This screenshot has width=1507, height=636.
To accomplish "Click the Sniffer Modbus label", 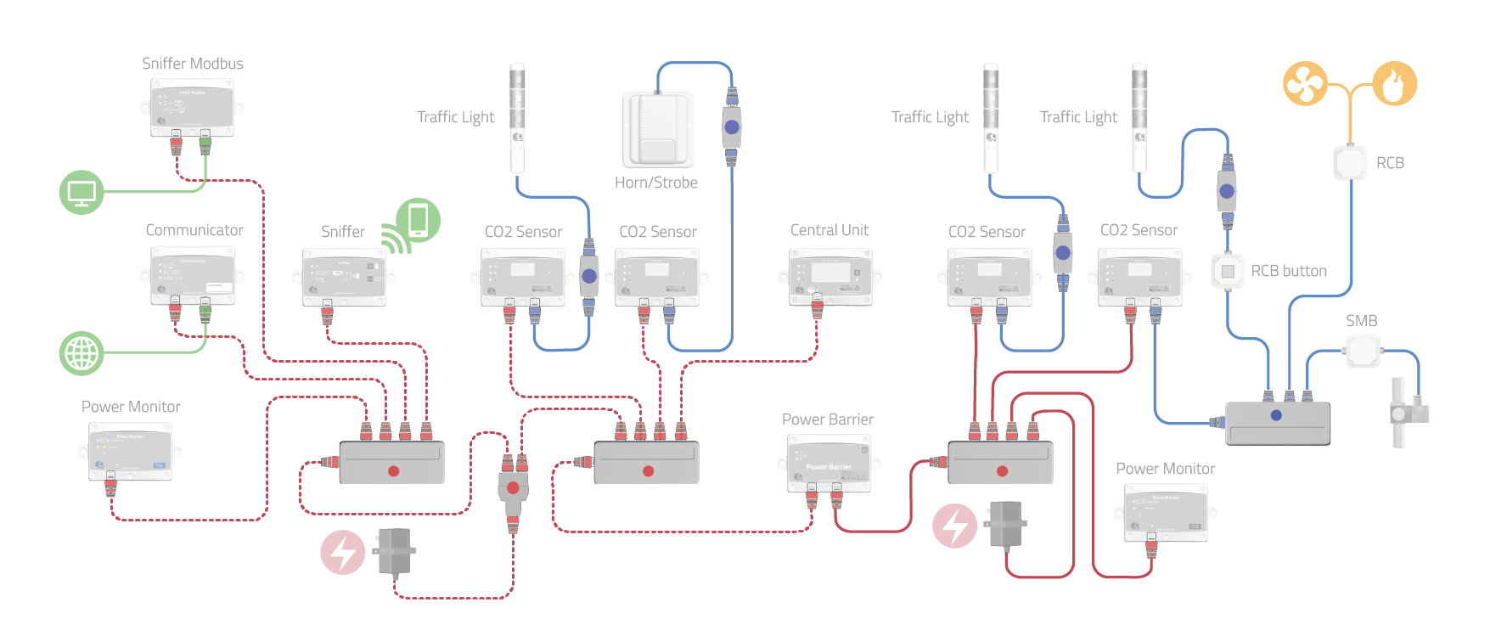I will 192,64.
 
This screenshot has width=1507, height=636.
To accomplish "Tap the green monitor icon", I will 82,192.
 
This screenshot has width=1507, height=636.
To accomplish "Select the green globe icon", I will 82,353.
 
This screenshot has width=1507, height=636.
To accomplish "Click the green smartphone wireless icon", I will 416,221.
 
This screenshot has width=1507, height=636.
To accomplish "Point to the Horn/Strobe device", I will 658,129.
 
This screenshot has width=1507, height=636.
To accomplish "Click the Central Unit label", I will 829,230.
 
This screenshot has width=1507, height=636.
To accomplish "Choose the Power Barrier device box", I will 829,464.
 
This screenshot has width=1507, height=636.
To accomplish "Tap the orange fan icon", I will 1304,83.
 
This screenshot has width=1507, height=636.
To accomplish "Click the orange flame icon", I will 1395,83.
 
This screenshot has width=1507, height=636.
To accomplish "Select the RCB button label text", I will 1288,271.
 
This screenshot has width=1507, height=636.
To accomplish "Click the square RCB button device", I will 1228,271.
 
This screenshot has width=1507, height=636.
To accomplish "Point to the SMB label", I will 1361,321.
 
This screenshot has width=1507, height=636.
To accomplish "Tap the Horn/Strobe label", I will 655,183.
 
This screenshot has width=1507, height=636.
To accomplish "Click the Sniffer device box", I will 344,277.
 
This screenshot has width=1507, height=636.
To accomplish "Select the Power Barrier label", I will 827,419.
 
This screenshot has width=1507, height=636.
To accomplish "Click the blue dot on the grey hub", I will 1276,415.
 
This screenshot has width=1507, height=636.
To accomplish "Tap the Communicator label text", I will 194,230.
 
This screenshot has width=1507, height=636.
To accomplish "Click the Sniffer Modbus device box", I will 192,108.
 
